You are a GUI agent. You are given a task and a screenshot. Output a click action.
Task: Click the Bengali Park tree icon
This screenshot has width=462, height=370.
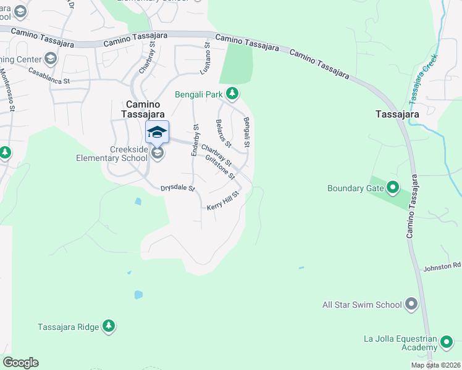point(232,94)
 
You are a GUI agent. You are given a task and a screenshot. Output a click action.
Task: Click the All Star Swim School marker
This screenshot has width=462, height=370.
point(412,304)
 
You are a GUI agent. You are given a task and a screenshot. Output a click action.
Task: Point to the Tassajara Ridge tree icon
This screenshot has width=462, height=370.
point(109,326)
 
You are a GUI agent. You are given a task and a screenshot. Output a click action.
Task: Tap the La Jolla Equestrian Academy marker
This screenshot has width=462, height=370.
point(447,342)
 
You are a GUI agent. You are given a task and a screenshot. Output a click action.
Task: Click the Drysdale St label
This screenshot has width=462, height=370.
point(177,188)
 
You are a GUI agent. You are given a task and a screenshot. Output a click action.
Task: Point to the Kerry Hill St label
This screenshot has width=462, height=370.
point(223,202)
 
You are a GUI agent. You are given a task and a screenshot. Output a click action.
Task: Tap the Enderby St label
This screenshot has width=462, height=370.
point(195,140)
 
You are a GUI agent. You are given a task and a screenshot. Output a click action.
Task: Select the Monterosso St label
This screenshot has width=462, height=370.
point(7,89)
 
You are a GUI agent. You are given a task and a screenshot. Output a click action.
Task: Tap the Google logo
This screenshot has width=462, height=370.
point(20,363)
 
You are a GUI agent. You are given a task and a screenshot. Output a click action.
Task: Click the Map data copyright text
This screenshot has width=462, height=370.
point(435,365)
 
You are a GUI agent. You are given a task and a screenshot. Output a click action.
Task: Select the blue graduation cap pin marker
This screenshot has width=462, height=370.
point(157,131)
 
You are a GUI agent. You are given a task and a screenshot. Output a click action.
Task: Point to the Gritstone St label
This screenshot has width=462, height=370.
point(220,166)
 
